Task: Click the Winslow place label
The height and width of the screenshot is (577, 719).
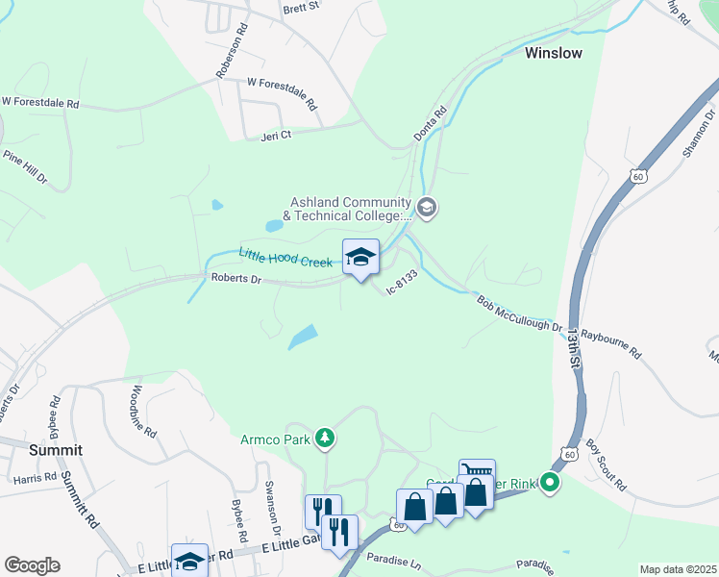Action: tap(553, 53)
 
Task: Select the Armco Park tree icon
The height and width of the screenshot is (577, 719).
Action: tap(326, 439)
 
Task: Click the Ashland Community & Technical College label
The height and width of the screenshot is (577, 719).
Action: tap(350, 209)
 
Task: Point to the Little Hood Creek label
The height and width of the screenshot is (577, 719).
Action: tap(285, 256)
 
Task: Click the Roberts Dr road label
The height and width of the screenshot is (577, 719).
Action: tap(236, 279)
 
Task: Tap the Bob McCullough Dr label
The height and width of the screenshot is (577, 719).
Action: tap(520, 314)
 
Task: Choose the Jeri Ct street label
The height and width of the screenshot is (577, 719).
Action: tap(276, 137)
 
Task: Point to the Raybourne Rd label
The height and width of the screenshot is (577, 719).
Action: tap(610, 340)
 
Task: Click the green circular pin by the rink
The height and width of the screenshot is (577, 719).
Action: tap(550, 482)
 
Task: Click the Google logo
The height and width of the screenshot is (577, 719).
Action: tap(32, 565)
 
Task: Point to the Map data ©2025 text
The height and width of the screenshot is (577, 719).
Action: tap(678, 569)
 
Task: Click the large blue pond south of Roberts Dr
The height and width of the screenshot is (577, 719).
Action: tap(303, 337)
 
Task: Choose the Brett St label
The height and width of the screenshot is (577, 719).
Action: tap(300, 8)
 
